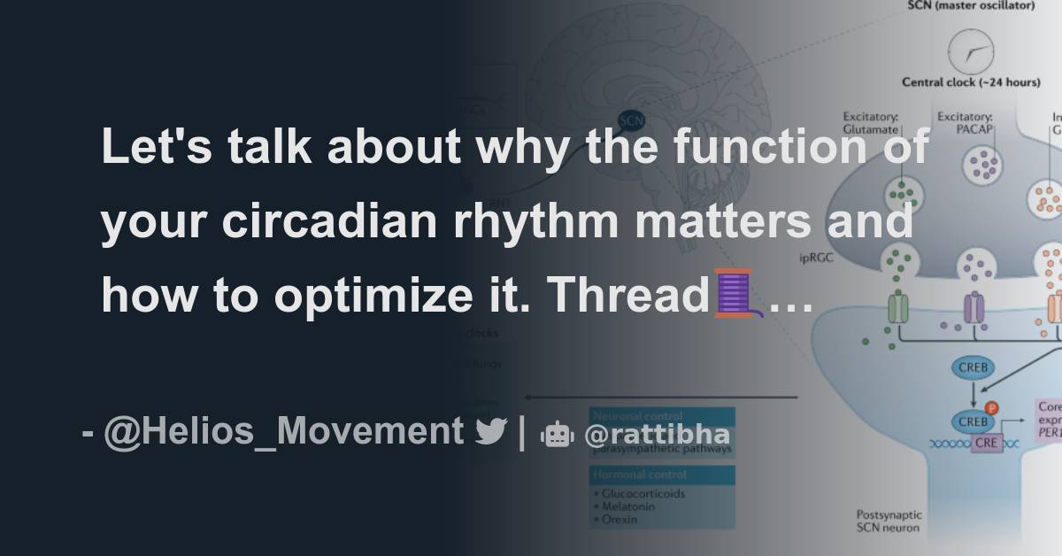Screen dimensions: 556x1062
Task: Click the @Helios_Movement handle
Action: (283, 432)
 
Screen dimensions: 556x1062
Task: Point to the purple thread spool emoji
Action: (734, 295)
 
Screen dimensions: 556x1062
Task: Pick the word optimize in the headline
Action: (392, 295)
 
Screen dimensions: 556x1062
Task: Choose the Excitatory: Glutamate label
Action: (872, 121)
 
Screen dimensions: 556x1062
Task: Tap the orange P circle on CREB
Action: (991, 408)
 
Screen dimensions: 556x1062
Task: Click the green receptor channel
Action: (897, 308)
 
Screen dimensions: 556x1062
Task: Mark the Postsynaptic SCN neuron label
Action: (889, 521)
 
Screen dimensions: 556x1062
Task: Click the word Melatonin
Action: (627, 506)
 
